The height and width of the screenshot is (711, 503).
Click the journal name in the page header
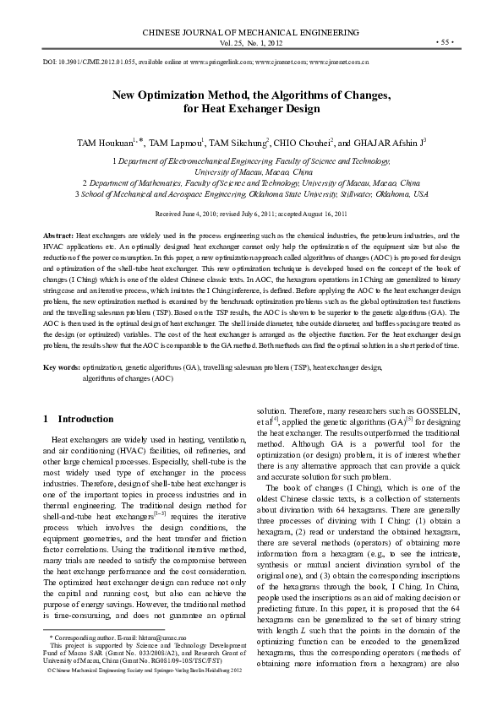[251, 29]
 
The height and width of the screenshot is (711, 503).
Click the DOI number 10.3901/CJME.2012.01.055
[93, 62]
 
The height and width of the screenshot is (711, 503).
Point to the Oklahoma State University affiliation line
[250, 193]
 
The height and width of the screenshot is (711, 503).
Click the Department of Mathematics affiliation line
[250, 182]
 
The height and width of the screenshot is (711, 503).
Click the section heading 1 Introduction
[78, 419]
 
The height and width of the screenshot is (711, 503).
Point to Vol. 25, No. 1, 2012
[251, 41]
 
